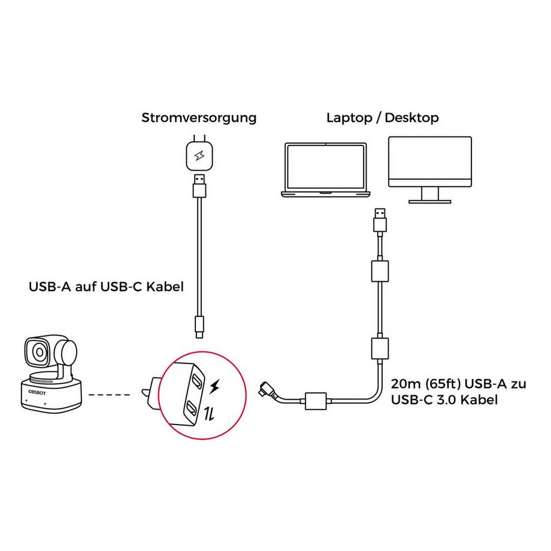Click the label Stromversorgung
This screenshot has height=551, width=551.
click(x=199, y=117)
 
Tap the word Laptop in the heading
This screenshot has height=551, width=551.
click(x=350, y=117)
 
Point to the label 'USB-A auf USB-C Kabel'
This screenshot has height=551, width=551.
click(x=106, y=287)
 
